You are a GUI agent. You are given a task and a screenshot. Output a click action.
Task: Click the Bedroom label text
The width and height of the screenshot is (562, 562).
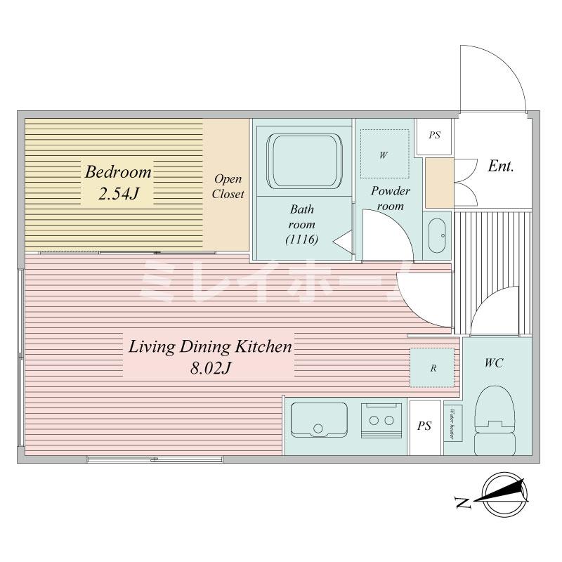pos(118,172)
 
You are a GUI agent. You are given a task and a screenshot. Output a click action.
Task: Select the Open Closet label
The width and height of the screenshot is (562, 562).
pos(228,186)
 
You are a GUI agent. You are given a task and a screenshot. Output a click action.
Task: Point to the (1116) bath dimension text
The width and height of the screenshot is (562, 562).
pos(302,240)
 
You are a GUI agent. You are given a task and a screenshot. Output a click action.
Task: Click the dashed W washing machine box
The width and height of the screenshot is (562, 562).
pos(384,154)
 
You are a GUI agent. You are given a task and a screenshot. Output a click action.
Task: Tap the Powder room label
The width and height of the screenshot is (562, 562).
pos(390,198)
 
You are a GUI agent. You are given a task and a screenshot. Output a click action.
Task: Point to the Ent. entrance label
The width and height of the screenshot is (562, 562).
pos(501,166)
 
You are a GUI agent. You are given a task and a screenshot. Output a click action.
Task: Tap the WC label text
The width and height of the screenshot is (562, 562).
pos(494,363)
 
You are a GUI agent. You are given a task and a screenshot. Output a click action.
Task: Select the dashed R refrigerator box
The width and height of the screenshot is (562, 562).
pos(433,367)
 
